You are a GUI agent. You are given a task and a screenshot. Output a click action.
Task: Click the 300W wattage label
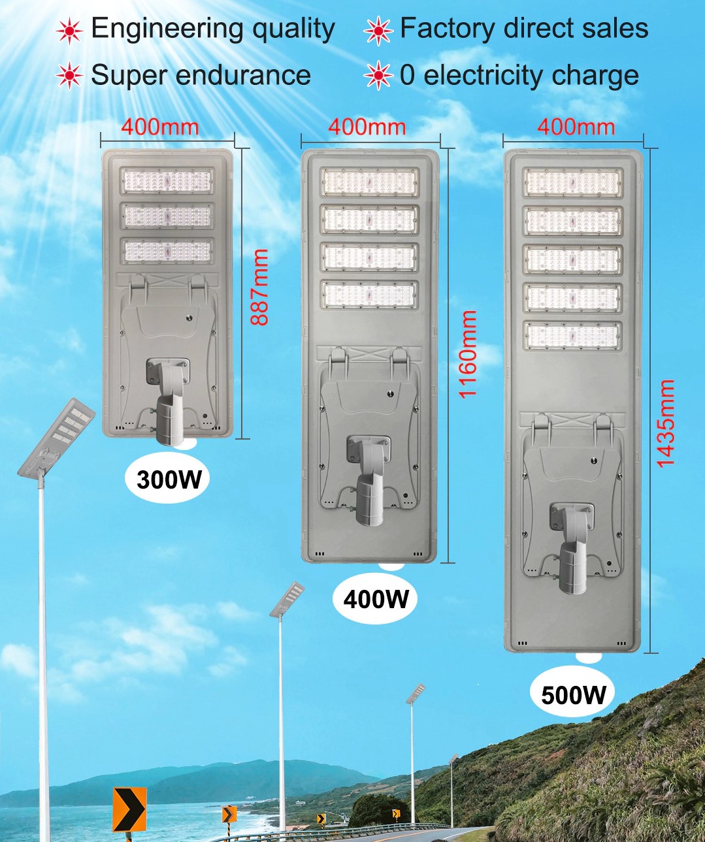(x=169, y=480)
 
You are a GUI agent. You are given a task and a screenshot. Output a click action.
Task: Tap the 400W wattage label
(x=376, y=598)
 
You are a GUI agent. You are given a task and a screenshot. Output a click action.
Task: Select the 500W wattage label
(x=573, y=694)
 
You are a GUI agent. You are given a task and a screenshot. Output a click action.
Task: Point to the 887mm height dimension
(x=259, y=287)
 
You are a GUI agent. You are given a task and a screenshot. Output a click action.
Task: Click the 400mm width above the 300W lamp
(x=160, y=127)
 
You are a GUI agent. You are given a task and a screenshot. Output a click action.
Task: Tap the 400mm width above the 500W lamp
(x=576, y=127)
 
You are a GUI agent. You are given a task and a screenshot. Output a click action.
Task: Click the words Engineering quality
(x=213, y=29)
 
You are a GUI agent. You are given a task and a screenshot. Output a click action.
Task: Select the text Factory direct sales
(x=524, y=29)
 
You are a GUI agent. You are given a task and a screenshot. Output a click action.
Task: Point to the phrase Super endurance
(x=201, y=75)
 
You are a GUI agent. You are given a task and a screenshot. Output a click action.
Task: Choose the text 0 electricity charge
(x=519, y=76)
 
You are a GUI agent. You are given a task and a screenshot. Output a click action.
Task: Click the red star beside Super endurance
(x=69, y=76)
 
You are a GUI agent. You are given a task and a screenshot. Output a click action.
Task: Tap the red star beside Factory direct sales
(x=378, y=30)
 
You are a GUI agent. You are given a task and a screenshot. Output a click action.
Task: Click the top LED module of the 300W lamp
(x=167, y=181)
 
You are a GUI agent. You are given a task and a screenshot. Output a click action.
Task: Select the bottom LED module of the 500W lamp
(x=573, y=336)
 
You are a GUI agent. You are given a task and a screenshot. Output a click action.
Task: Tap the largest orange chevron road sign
(x=129, y=809)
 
